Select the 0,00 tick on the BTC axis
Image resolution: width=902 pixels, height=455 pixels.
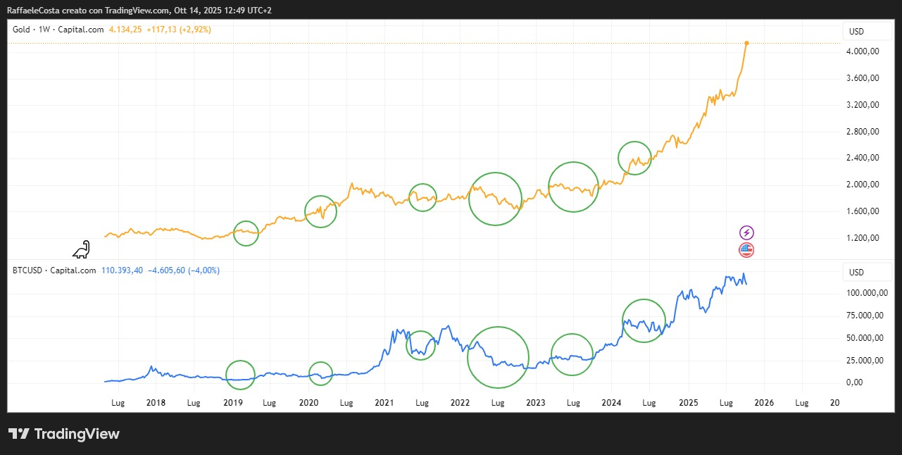[x=853, y=382]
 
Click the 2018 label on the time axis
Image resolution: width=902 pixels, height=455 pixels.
[x=156, y=403]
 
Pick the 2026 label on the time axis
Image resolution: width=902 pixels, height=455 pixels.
[x=764, y=403]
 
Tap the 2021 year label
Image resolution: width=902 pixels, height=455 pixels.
[x=384, y=403]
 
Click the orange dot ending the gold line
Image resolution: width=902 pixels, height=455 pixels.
[x=746, y=43]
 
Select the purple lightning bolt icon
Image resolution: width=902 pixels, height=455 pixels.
[x=746, y=232]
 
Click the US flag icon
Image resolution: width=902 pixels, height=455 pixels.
[x=746, y=249]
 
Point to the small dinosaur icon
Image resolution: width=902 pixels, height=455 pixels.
[x=82, y=249]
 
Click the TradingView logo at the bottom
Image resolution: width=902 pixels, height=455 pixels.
[x=64, y=434]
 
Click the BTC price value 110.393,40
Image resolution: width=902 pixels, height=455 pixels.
[x=123, y=270]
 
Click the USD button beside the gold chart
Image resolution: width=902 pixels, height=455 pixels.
[x=856, y=32]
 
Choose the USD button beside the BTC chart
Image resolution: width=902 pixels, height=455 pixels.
[x=856, y=273]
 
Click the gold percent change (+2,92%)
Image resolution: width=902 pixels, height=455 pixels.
[x=195, y=30]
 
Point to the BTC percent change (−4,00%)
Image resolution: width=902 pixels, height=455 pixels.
[x=203, y=270]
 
